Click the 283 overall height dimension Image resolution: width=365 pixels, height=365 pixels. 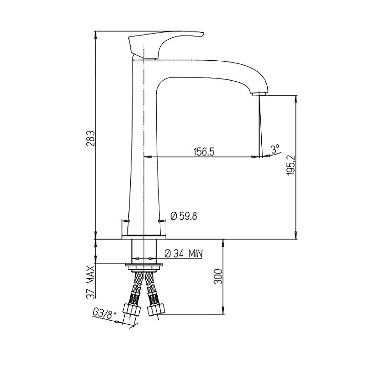point(90,138)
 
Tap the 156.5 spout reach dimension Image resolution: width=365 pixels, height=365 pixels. point(204,152)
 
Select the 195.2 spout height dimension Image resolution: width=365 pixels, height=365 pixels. point(291,166)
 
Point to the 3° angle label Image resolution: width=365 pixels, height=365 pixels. point(275,149)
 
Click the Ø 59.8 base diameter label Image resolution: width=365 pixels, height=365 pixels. point(184,216)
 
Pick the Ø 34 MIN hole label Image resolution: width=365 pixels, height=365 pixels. point(184,253)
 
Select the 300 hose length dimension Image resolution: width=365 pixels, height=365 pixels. point(218,276)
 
